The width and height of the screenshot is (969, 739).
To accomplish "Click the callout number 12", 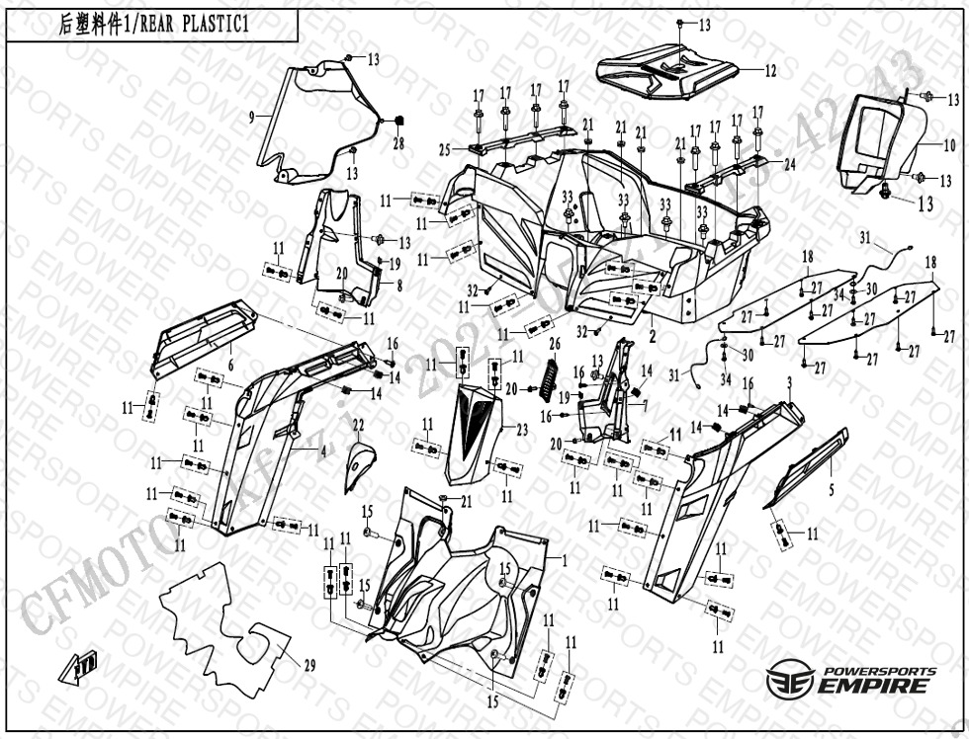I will tap(770, 70).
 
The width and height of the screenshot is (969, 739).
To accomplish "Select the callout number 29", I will tap(309, 666).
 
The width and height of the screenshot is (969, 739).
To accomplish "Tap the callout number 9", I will tap(251, 117).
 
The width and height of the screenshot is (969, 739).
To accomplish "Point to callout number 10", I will tap(948, 145).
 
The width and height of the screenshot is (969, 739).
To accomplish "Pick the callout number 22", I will tap(358, 425).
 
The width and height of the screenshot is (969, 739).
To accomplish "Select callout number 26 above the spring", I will tap(554, 344).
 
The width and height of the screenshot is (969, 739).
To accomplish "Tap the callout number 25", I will tap(445, 149).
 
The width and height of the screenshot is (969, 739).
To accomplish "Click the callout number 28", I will tap(398, 143).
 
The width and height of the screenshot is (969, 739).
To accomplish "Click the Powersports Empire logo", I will tap(851, 680).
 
